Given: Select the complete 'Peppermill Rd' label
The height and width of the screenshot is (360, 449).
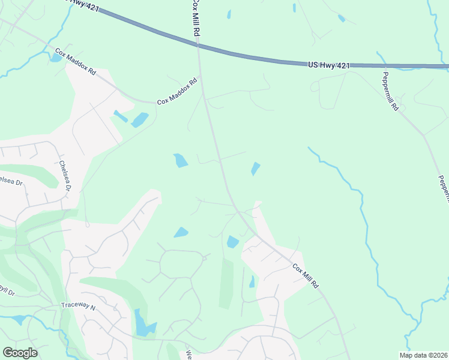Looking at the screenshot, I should point(390,92).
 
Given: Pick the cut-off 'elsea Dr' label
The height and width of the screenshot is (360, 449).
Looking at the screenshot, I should point(11,181).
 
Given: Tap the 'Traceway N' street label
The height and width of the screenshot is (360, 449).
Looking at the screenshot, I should point(78,306).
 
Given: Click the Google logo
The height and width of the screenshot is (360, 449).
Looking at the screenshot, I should point(20,353).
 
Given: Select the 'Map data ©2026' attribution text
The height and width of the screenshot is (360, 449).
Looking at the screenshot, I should point(424,355).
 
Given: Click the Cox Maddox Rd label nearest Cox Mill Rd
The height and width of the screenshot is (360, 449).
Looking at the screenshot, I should point(177,92).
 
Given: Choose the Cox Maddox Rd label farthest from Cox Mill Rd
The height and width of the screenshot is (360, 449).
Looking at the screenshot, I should point(76,62).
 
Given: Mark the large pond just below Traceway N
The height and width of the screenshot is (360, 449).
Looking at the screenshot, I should point(143,324).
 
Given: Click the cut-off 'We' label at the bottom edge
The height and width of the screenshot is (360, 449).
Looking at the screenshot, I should point(188,354).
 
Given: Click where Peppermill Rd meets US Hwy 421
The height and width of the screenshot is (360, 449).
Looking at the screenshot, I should point(379,65).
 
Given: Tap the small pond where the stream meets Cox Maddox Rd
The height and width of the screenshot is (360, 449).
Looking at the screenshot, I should point(55,58).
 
